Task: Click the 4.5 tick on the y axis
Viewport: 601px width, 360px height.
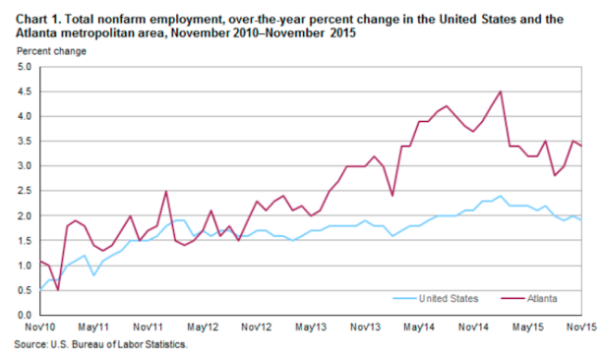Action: (23, 91)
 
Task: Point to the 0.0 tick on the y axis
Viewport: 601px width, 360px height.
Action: (23, 315)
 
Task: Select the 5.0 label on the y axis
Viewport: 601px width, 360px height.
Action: (23, 67)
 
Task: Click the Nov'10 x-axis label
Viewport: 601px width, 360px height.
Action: (38, 327)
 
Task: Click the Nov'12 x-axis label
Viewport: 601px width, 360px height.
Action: (256, 327)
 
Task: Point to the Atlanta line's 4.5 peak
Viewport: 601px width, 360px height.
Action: (501, 91)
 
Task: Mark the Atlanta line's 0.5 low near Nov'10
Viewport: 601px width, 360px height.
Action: (57, 289)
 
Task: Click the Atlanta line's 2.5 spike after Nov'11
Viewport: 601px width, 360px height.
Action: (165, 192)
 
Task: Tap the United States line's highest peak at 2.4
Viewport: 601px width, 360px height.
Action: (501, 196)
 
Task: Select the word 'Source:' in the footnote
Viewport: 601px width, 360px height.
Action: (30, 345)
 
